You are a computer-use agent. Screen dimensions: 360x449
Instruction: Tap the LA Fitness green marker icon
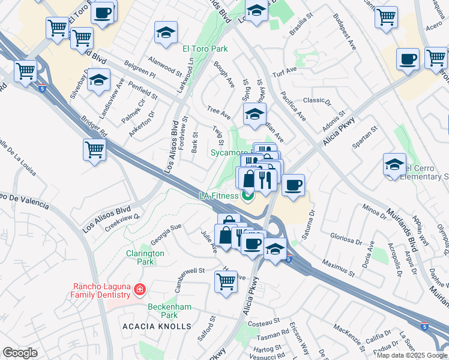(x=247, y=196)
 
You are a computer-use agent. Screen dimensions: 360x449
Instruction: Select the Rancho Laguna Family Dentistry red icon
(x=140, y=290)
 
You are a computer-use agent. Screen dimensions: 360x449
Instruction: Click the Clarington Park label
(x=145, y=257)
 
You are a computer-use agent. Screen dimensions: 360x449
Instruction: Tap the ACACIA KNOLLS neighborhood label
(x=157, y=326)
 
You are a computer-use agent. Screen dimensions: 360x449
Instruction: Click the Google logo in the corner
(x=20, y=353)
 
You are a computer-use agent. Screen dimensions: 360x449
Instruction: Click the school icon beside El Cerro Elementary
(x=394, y=164)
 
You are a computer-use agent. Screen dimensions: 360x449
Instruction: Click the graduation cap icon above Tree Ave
(x=255, y=112)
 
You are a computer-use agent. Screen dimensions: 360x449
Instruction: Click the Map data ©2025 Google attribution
(x=412, y=355)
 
